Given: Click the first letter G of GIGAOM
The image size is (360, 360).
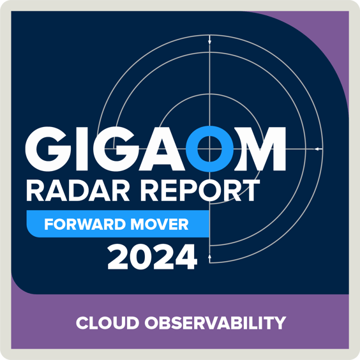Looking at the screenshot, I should click(49, 149).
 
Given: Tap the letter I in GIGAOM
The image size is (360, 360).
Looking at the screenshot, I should click(83, 149).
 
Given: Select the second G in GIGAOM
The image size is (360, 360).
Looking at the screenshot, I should click(118, 149).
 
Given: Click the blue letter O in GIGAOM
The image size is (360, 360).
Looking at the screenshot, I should click(213, 149).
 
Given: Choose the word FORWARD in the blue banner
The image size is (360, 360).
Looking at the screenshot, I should click(80, 225).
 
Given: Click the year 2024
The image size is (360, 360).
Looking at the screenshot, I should click(152, 257).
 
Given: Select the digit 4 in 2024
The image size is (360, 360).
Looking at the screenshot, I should click(186, 257).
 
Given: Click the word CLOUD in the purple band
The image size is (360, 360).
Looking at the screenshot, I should click(103, 324).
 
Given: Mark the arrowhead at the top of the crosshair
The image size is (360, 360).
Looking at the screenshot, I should click(209, 43).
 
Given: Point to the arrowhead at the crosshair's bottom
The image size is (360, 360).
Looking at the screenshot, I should click(209, 256).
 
